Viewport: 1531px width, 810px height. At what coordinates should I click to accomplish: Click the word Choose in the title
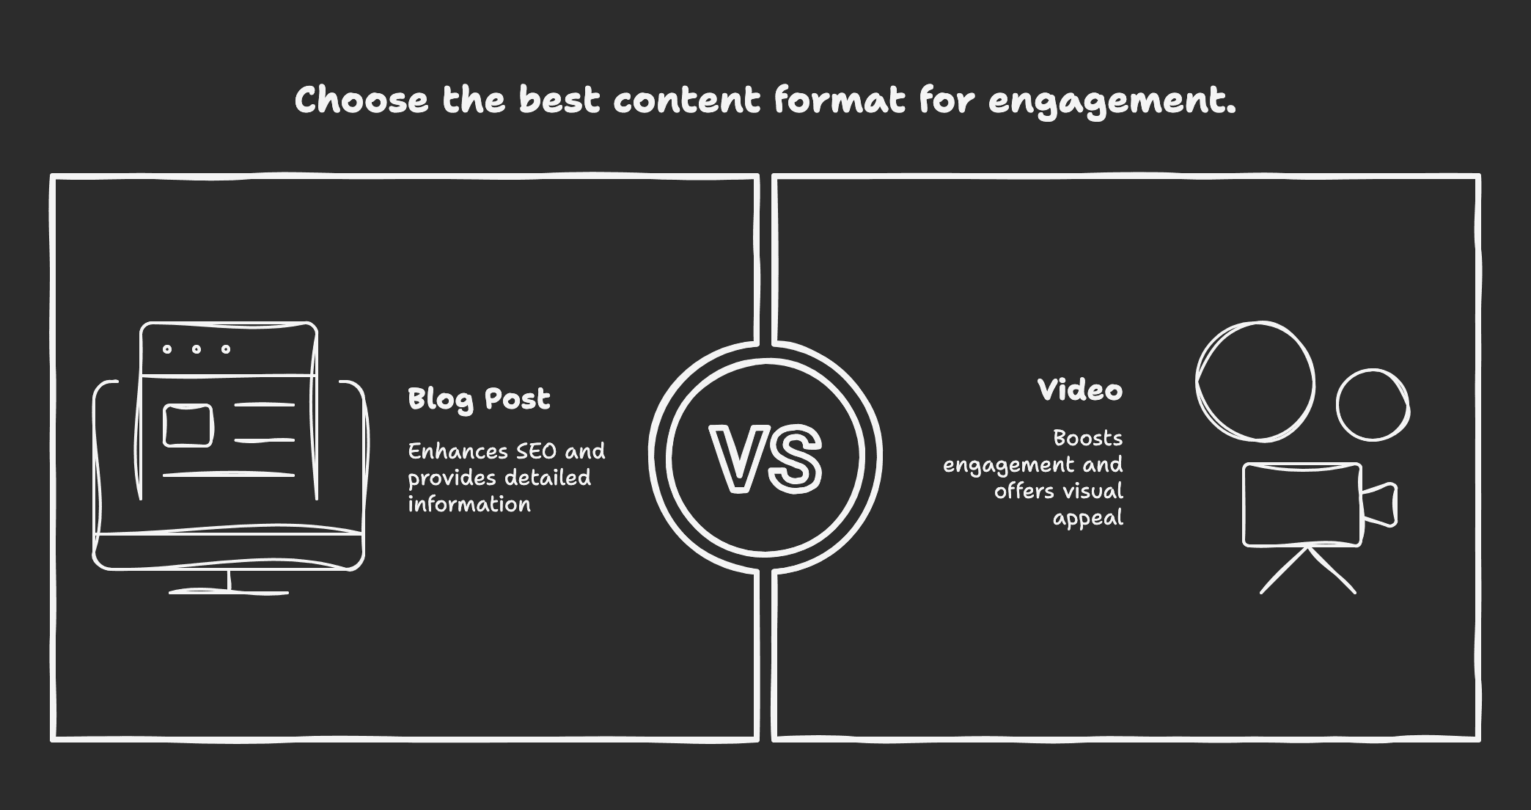[x=361, y=100]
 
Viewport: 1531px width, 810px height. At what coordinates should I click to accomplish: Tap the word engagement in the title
[x=1111, y=101]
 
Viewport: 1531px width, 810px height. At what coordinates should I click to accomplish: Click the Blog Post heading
[x=479, y=399]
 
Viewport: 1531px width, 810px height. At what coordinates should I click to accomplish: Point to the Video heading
[x=1079, y=390]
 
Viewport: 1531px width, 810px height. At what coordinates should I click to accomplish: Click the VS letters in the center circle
[x=765, y=459]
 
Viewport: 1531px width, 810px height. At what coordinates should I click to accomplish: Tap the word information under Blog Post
[x=469, y=504]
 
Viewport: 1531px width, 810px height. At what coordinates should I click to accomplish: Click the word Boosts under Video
[x=1087, y=438]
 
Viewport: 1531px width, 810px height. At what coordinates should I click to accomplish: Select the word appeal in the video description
[x=1087, y=518]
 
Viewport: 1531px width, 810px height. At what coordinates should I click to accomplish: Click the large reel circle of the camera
[x=1255, y=382]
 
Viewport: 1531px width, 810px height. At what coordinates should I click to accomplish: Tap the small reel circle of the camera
[x=1373, y=405]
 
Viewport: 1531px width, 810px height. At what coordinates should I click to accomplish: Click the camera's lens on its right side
[x=1380, y=504]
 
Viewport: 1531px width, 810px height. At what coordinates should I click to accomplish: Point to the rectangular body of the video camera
[x=1301, y=504]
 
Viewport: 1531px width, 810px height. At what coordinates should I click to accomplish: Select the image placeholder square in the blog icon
[x=188, y=426]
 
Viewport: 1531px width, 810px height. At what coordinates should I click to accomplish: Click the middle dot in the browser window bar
[x=197, y=349]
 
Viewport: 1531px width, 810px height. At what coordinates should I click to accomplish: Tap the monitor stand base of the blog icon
[x=229, y=590]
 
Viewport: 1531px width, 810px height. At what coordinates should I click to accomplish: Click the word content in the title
[x=686, y=100]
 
